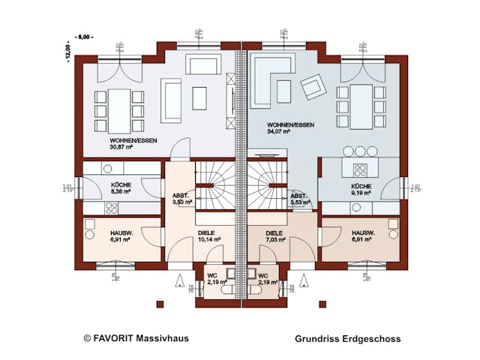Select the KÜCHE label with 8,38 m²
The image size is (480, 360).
121,191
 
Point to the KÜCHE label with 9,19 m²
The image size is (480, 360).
362,191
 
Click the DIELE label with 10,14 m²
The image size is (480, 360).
207,241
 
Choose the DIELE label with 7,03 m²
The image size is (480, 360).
276,241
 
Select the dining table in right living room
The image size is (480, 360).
362,106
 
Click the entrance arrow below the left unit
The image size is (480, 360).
179,282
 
